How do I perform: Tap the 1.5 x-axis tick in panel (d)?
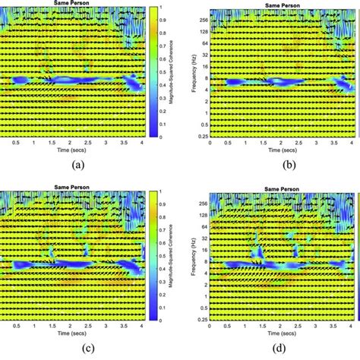tap(267, 327)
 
